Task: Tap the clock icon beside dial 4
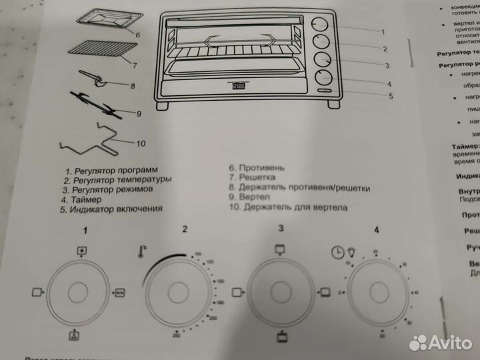coord(337,253)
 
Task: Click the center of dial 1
coord(79,293)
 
